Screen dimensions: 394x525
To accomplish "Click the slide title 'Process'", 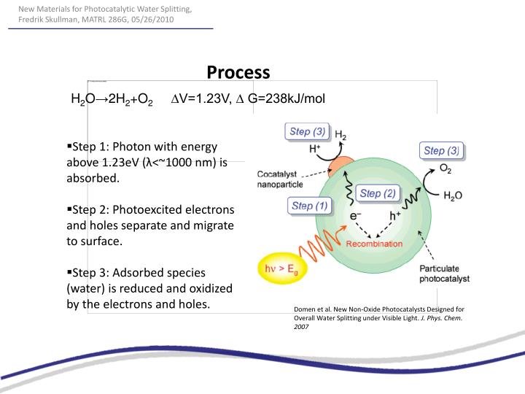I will coord(238,72).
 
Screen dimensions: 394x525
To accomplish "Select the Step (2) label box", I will coord(377,193).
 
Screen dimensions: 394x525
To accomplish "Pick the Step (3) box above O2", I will coord(441,151).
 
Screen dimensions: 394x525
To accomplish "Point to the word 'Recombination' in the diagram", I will coord(374,244).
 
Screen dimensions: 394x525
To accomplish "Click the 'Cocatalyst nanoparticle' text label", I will coord(280,179).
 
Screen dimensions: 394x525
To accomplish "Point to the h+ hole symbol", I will coord(395,216).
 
